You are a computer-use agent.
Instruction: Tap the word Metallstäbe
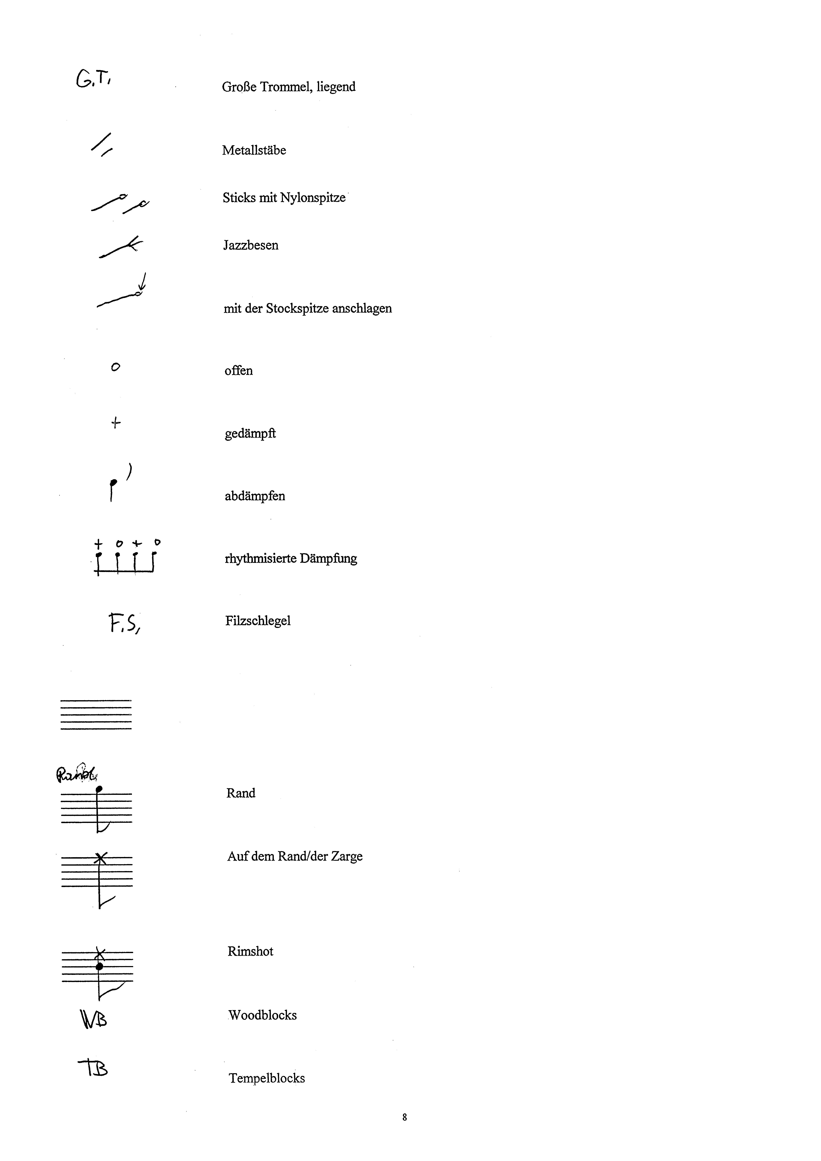coord(254,150)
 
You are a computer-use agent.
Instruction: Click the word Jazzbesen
coord(251,245)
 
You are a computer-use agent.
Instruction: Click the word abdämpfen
coord(255,496)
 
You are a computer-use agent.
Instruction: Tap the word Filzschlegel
coord(258,621)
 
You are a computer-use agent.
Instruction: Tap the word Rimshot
coord(250,952)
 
